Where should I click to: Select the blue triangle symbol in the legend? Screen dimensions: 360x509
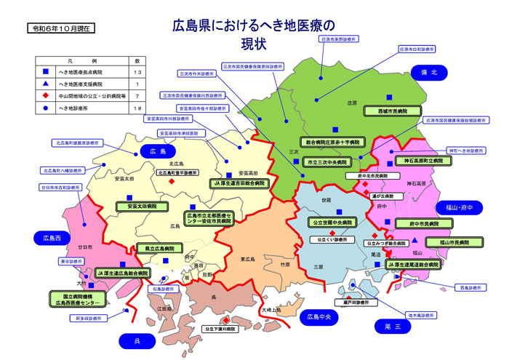[46, 84]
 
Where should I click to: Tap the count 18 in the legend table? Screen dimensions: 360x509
[137, 108]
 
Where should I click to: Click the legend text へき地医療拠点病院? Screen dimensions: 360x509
[82, 73]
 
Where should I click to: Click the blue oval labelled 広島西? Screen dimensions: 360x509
[52, 238]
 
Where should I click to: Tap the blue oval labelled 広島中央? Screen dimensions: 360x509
[318, 317]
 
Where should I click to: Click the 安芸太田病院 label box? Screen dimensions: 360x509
[137, 207]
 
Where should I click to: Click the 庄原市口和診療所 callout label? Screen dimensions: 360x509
[417, 49]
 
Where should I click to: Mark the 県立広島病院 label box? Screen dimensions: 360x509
[159, 248]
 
